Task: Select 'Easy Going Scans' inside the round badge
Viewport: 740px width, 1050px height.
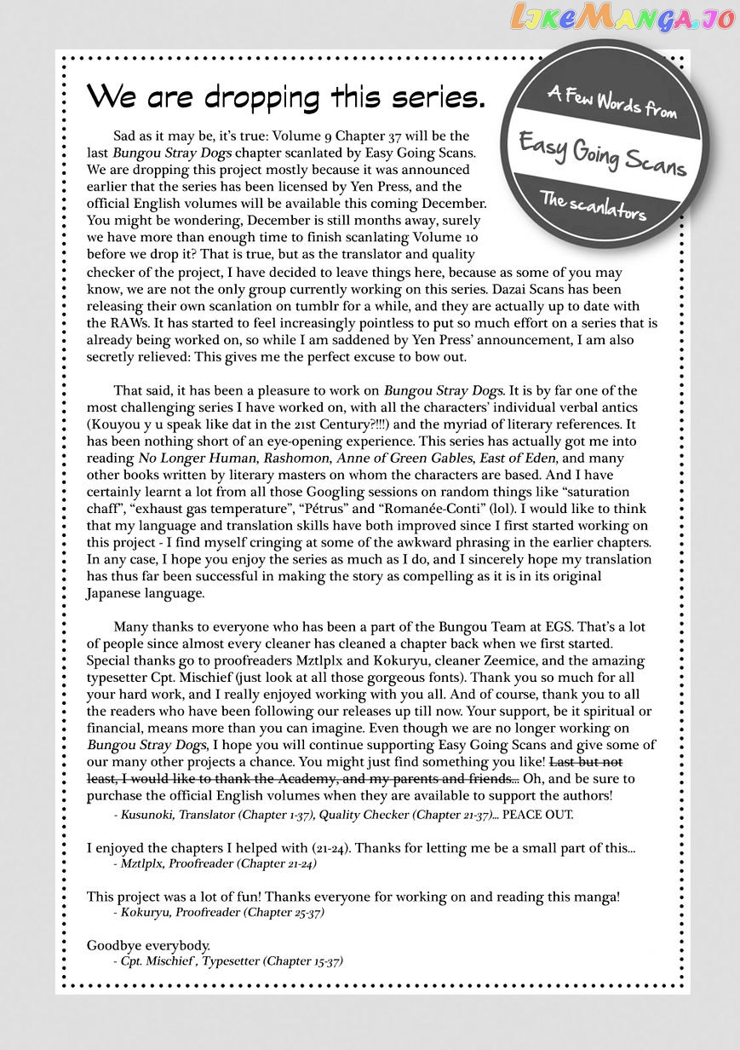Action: click(x=603, y=153)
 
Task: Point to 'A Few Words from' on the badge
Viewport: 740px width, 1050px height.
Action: click(x=612, y=101)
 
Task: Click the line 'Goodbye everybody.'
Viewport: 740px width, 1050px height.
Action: click(x=148, y=945)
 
